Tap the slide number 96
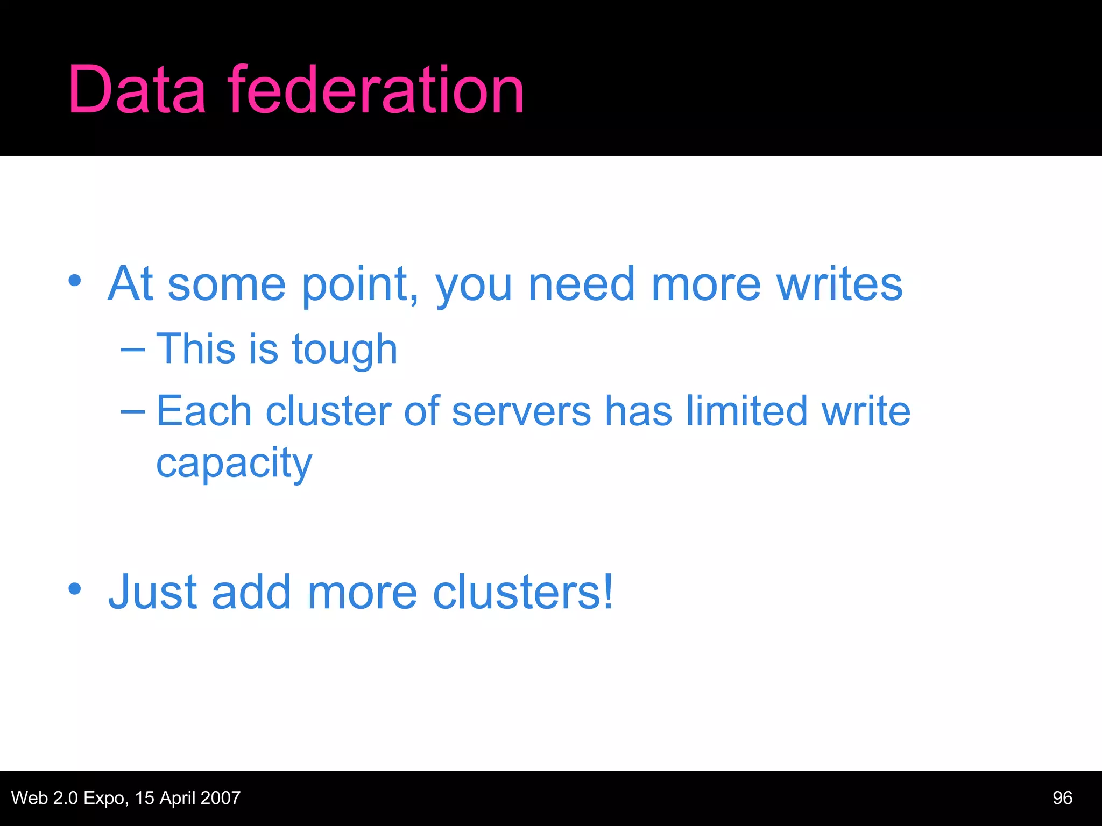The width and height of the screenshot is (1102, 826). pyautogui.click(x=1062, y=798)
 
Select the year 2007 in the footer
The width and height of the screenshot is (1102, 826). pyautogui.click(x=220, y=798)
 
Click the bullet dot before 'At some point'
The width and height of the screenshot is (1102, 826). pyautogui.click(x=75, y=280)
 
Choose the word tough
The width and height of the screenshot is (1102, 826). pyautogui.click(x=344, y=350)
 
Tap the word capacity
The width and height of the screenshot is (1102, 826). pyautogui.click(x=234, y=464)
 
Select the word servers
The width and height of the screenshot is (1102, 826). pyautogui.click(x=521, y=411)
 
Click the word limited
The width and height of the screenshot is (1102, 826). pyautogui.click(x=747, y=411)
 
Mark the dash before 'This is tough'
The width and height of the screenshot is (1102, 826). pyautogui.click(x=133, y=350)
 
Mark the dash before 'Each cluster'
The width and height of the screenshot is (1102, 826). pyautogui.click(x=133, y=412)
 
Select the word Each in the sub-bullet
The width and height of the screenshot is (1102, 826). pyautogui.click(x=204, y=411)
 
